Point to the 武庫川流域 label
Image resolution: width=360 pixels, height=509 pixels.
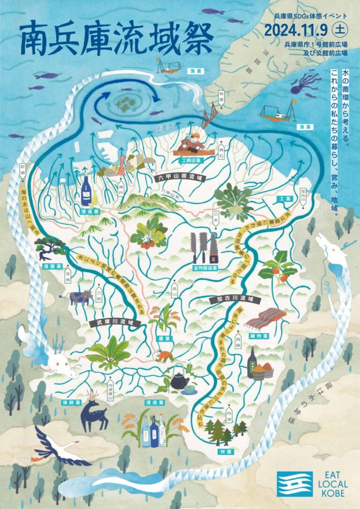point(112,323)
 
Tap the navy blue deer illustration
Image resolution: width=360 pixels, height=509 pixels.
point(94,412)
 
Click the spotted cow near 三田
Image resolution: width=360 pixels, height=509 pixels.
point(80,297)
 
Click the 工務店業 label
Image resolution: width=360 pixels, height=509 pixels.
point(191,160)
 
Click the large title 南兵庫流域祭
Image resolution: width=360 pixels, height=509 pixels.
point(110,39)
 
